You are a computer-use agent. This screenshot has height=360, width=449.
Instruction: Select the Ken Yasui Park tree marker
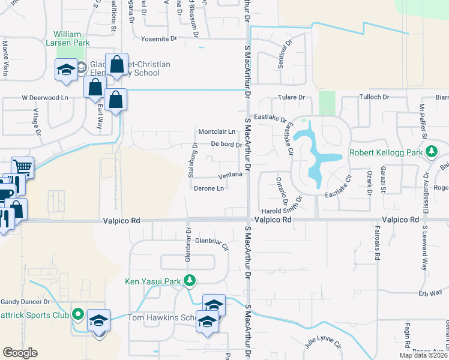click(190, 280)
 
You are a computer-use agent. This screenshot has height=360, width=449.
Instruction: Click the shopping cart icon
click(23, 166)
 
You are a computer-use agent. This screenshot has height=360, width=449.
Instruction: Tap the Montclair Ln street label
click(216, 131)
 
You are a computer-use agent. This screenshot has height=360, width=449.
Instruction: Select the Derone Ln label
click(209, 188)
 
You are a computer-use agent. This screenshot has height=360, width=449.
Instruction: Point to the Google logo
click(20, 353)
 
